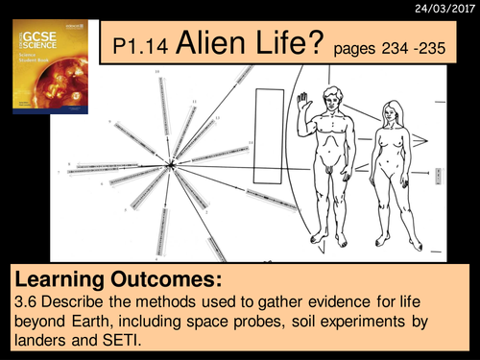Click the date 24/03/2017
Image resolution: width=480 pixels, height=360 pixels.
click(443, 12)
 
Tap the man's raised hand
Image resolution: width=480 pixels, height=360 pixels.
click(303, 100)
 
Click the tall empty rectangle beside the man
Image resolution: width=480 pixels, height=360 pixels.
click(268, 133)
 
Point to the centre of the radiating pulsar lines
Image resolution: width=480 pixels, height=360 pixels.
click(171, 166)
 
